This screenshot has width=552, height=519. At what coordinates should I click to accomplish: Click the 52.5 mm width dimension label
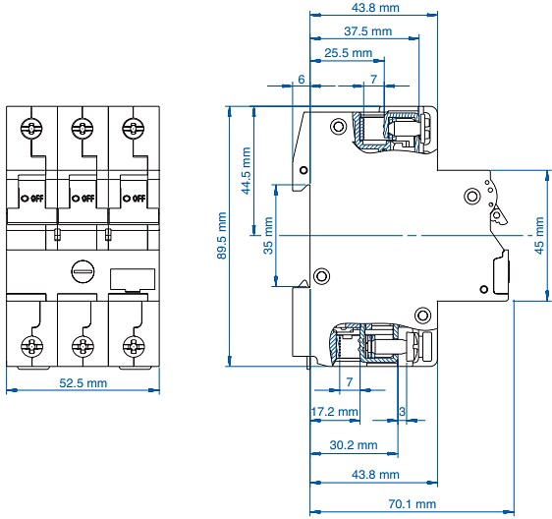[83, 382]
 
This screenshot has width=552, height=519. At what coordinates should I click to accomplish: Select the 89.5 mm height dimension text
[223, 235]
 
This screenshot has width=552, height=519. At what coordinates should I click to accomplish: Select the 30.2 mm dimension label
[354, 445]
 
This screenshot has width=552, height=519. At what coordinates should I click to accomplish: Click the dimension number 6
[302, 78]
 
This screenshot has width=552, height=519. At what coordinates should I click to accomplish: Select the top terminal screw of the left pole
[31, 129]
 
